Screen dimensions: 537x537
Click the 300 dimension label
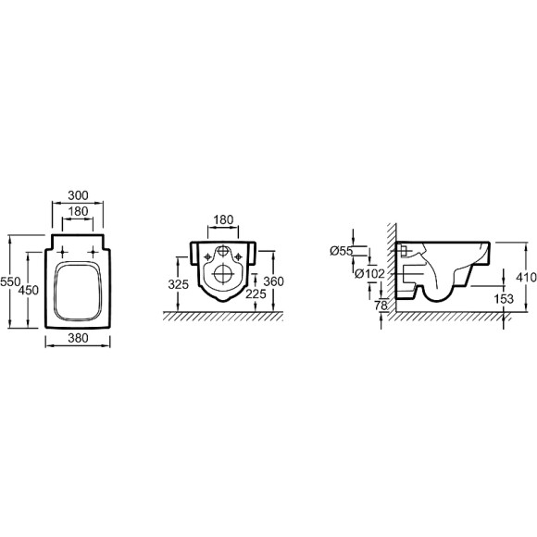point(78,195)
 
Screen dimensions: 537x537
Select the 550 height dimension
point(10,281)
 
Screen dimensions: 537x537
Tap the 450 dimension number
point(29,291)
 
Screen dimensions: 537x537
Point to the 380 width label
point(78,338)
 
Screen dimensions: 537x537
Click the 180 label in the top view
point(78,211)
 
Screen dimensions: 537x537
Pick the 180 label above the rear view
point(223,219)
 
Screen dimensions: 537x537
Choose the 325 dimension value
point(179,284)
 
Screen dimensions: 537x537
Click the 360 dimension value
point(274,281)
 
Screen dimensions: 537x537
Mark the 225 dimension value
point(256,293)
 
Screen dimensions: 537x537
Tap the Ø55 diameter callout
point(341,251)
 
